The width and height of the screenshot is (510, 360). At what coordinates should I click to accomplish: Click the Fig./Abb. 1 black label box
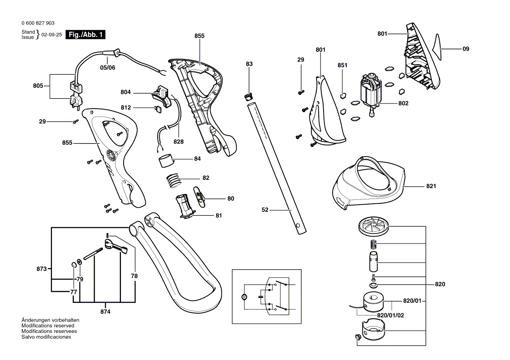(85, 35)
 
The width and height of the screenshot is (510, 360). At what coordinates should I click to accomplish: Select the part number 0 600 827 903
(38, 23)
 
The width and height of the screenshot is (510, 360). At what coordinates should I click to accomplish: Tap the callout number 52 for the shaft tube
(265, 210)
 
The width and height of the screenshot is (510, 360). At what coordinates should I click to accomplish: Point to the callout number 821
(431, 186)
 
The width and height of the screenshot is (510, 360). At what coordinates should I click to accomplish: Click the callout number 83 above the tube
(249, 64)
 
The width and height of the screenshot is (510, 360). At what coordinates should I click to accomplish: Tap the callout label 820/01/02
(390, 315)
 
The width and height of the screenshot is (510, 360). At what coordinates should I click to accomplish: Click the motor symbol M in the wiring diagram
(244, 297)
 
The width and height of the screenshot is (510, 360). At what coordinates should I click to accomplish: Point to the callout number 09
(465, 49)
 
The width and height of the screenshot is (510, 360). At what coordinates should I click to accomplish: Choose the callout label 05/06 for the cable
(107, 68)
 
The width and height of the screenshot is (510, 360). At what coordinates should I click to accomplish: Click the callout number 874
(105, 312)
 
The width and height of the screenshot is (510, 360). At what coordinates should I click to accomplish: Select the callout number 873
(41, 269)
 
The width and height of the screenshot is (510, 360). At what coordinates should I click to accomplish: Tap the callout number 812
(126, 107)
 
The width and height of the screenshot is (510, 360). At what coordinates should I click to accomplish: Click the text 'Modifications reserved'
(48, 326)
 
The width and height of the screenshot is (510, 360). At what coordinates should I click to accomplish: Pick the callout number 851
(342, 65)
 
